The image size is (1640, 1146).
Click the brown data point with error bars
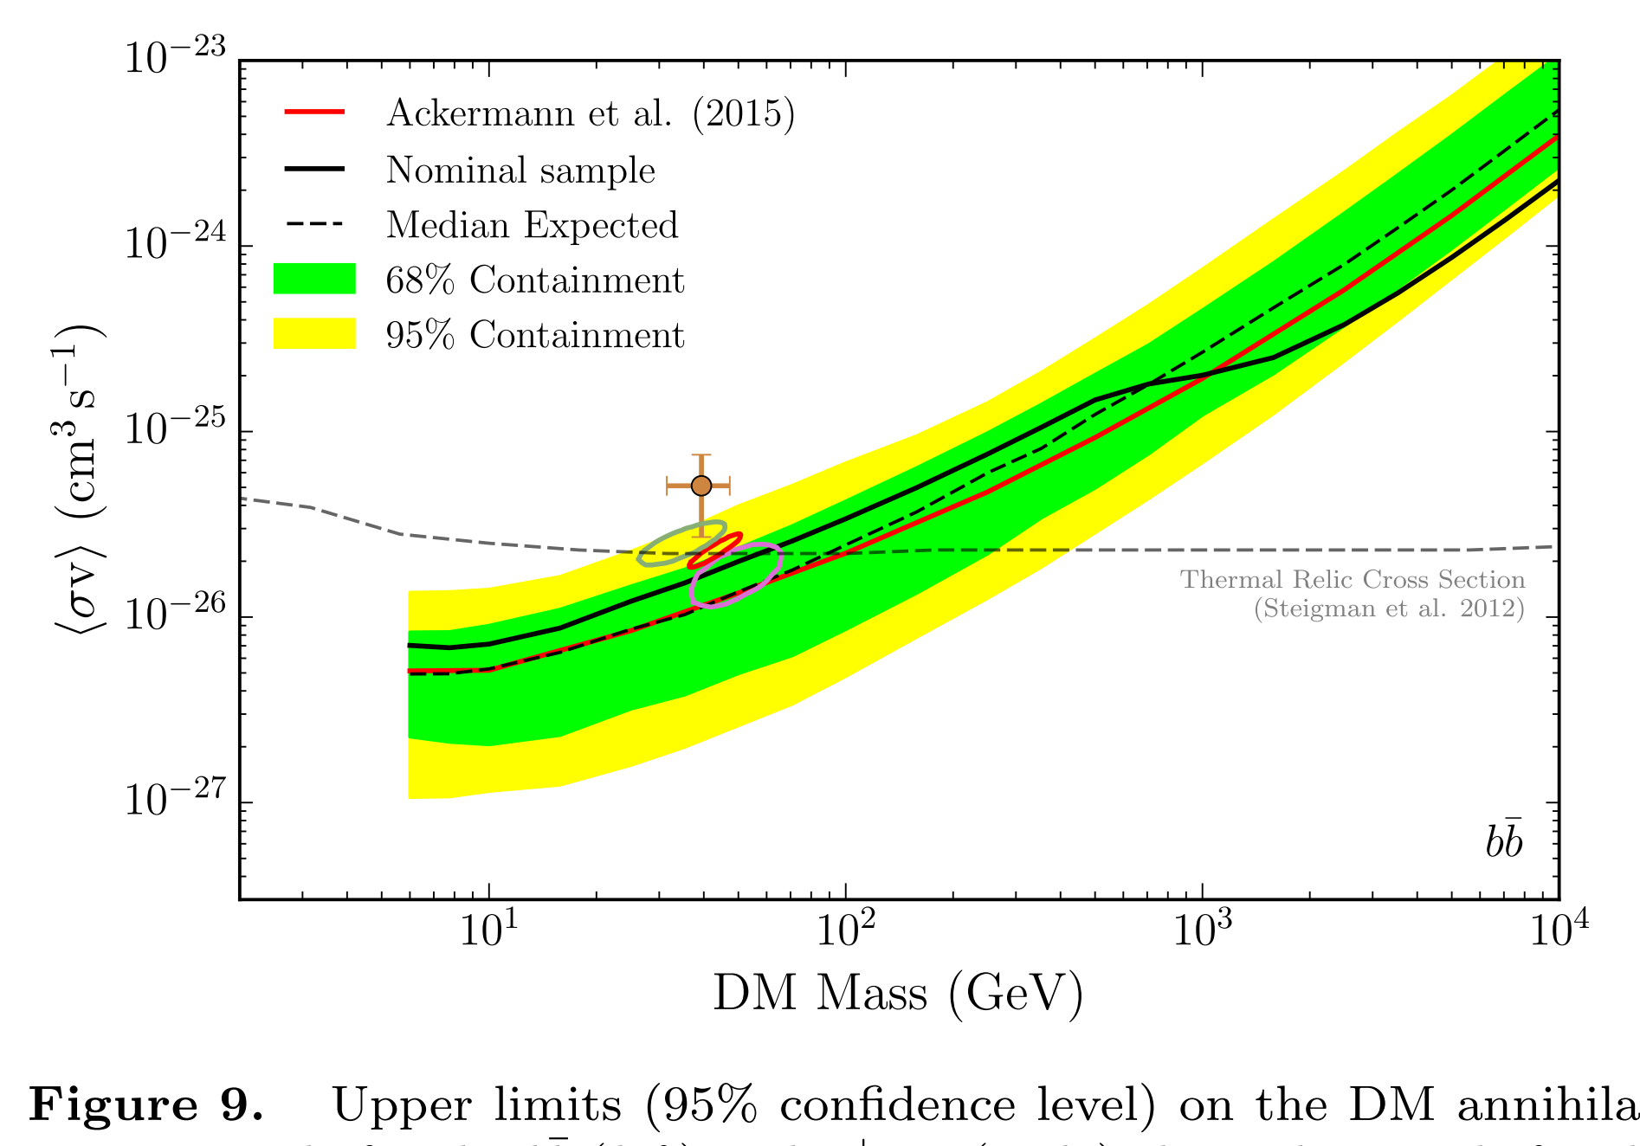[701, 486]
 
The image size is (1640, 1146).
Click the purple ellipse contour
[736, 575]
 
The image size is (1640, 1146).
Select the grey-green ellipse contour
[681, 544]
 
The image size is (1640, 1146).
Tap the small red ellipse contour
[715, 550]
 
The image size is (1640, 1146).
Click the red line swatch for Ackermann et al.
[314, 113]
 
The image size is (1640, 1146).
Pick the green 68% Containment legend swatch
[314, 280]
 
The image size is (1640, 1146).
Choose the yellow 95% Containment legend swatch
[314, 334]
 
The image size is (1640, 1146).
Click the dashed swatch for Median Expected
[314, 225]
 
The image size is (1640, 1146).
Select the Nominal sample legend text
[520, 170]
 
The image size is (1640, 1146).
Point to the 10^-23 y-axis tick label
[174, 59]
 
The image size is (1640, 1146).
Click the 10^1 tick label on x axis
[488, 930]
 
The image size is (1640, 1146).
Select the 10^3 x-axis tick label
[1202, 930]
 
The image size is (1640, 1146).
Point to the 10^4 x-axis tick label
[1559, 930]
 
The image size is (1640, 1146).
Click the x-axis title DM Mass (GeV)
[898, 993]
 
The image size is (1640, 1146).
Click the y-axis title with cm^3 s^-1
[78, 480]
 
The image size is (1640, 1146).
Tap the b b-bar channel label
[1504, 840]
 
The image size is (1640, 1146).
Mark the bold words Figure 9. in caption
[145, 1106]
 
